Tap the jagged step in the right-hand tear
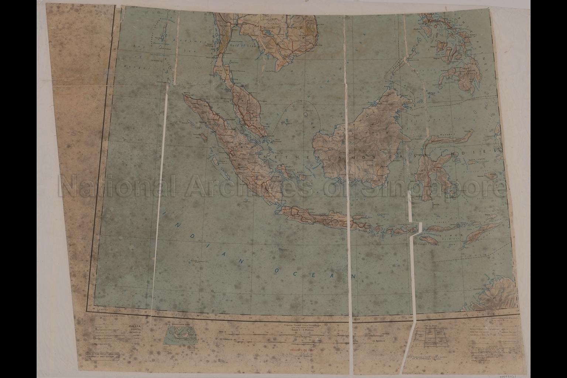pyautogui.click(x=416, y=228)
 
